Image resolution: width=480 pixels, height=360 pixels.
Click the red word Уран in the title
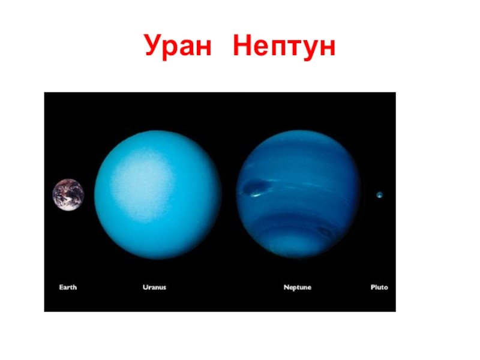click(x=178, y=46)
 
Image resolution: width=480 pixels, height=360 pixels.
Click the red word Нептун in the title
click(x=284, y=47)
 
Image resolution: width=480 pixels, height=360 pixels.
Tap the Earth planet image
click(x=68, y=195)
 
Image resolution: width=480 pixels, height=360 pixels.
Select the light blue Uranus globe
click(x=158, y=194)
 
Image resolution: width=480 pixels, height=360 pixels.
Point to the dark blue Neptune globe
click(x=298, y=194)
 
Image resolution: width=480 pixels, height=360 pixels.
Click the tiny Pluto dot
click(x=380, y=194)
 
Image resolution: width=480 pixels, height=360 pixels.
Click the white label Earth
click(x=68, y=287)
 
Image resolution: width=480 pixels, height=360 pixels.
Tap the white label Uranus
click(x=154, y=287)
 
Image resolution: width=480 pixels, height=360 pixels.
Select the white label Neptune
click(x=297, y=287)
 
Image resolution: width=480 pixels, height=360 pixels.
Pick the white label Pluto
click(x=379, y=287)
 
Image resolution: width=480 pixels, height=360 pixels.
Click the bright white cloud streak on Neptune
click(x=256, y=194)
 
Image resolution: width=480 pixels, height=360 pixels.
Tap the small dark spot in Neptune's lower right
click(x=325, y=232)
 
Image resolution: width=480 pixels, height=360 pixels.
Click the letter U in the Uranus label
click(x=145, y=287)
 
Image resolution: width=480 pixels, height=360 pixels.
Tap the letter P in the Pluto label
click(x=373, y=287)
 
